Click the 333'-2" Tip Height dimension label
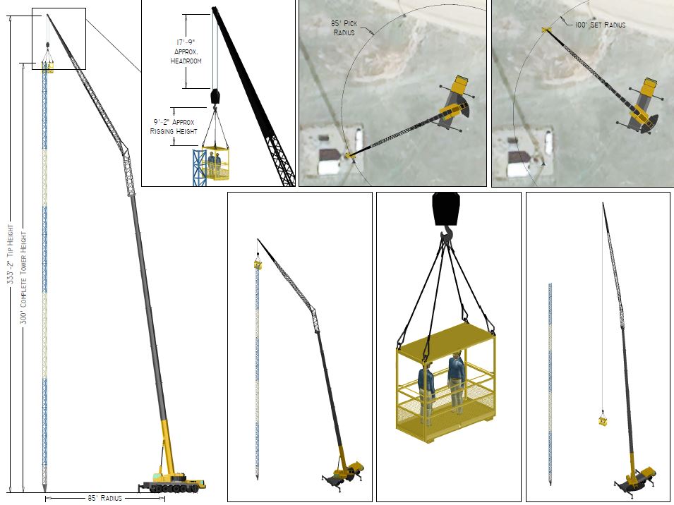(x=11, y=254)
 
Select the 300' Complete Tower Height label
(x=23, y=278)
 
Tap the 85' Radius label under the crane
(x=105, y=498)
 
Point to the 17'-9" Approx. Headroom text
(x=186, y=51)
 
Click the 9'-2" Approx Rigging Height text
(x=174, y=126)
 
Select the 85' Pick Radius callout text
(x=344, y=28)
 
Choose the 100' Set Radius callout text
(x=600, y=25)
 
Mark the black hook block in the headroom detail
(x=215, y=96)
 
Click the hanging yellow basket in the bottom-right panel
(x=603, y=420)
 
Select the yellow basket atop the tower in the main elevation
(x=47, y=66)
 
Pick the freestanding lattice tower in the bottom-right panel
(x=550, y=384)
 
